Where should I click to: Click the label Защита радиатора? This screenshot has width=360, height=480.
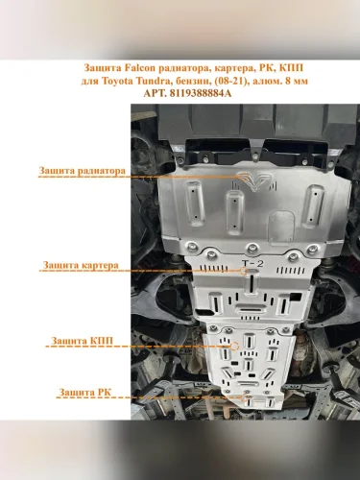coord(83,170)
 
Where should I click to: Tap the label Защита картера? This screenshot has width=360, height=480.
coord(81,265)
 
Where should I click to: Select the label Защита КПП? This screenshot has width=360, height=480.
coord(83,341)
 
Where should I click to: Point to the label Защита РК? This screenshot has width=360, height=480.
coord(85,392)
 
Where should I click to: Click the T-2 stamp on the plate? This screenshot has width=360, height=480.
coord(252,264)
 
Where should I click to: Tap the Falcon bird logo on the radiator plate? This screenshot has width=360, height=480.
coord(255,182)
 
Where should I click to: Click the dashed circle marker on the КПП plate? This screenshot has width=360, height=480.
coord(234,346)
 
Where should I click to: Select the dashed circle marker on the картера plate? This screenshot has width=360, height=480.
coord(244,271)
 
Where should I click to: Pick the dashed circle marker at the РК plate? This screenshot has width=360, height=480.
coord(247,398)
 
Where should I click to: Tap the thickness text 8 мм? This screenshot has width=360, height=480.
coord(297,81)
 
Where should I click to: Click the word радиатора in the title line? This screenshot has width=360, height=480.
coord(180,68)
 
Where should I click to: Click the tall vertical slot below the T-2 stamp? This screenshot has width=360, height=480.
coord(252,283)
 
